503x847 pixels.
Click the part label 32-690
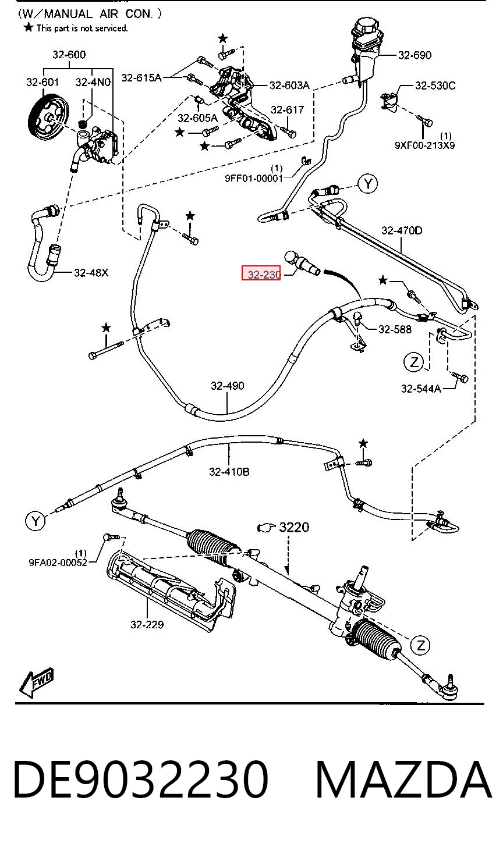pyautogui.click(x=415, y=56)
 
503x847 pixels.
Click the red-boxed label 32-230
pyautogui.click(x=261, y=273)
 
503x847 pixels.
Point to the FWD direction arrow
pyautogui.click(x=36, y=682)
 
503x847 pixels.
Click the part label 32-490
pyautogui.click(x=228, y=386)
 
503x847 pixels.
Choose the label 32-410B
pyautogui.click(x=229, y=472)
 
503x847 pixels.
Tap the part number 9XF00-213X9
pyautogui.click(x=424, y=145)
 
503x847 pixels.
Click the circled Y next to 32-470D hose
pyautogui.click(x=368, y=184)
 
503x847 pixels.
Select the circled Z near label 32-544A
pyautogui.click(x=414, y=362)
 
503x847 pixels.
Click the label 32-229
pyautogui.click(x=147, y=624)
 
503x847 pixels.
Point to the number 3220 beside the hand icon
pyautogui.click(x=294, y=527)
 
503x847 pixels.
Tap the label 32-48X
pyautogui.click(x=91, y=272)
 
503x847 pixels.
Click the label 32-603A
pyautogui.click(x=289, y=86)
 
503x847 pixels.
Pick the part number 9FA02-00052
pyautogui.click(x=58, y=563)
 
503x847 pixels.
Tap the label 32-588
pyautogui.click(x=395, y=329)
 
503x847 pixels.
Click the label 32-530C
pyautogui.click(x=435, y=86)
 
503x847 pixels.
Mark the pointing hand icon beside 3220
pyautogui.click(x=267, y=528)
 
